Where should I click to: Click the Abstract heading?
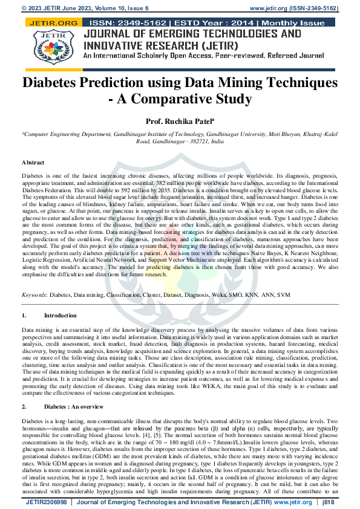(x=33, y=163)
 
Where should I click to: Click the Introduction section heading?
(x=61, y=316)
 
